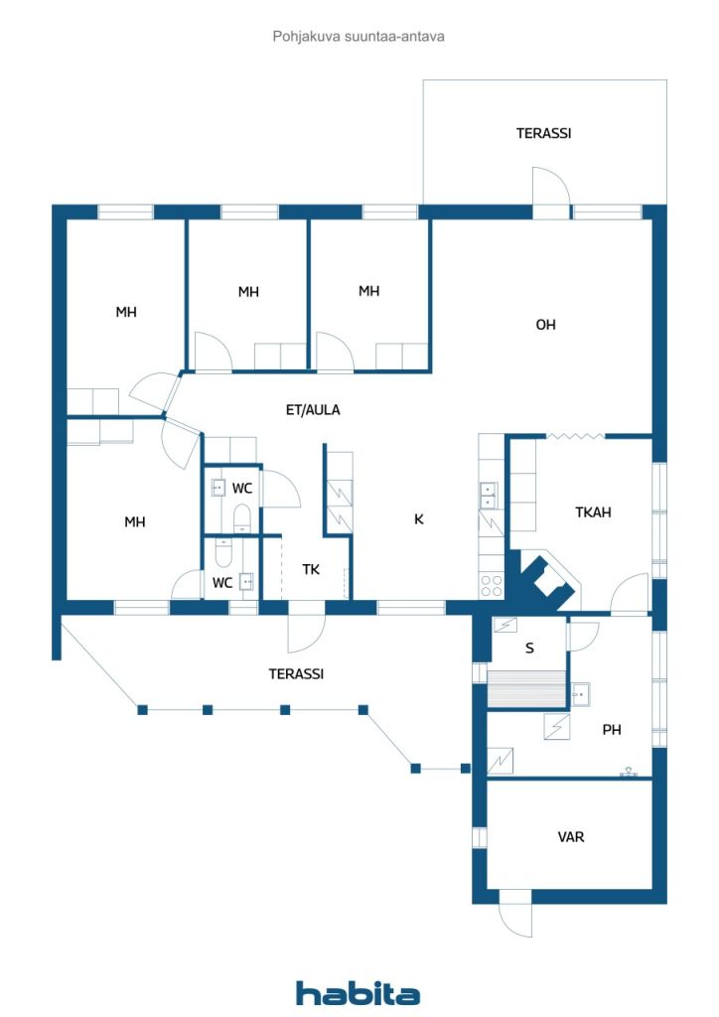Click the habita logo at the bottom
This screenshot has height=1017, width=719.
coord(358,992)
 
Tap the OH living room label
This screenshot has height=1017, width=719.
coord(545,325)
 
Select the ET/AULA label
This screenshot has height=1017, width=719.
coord(313,410)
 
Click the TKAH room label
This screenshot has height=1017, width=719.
coord(593,512)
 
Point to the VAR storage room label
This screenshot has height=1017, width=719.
coord(570,836)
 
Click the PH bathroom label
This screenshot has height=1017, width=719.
coord(612,730)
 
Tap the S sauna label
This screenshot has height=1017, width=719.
coord(529,648)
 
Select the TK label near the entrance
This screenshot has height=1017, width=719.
coord(311,569)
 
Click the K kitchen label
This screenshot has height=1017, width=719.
coord(419,518)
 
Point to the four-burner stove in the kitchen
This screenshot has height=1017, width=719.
coord(492,585)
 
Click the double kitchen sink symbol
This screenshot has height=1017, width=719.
coord(488,495)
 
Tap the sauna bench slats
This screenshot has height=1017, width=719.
coord(526,689)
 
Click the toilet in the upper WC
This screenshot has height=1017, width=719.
coord(242,517)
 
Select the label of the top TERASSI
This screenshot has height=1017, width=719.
coord(543,134)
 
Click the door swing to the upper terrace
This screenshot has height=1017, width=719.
coord(551,186)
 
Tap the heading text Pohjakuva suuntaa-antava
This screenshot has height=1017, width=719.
coord(359,37)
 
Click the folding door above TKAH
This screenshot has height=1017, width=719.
coord(575,436)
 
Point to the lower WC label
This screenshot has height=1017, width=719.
coord(222,583)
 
